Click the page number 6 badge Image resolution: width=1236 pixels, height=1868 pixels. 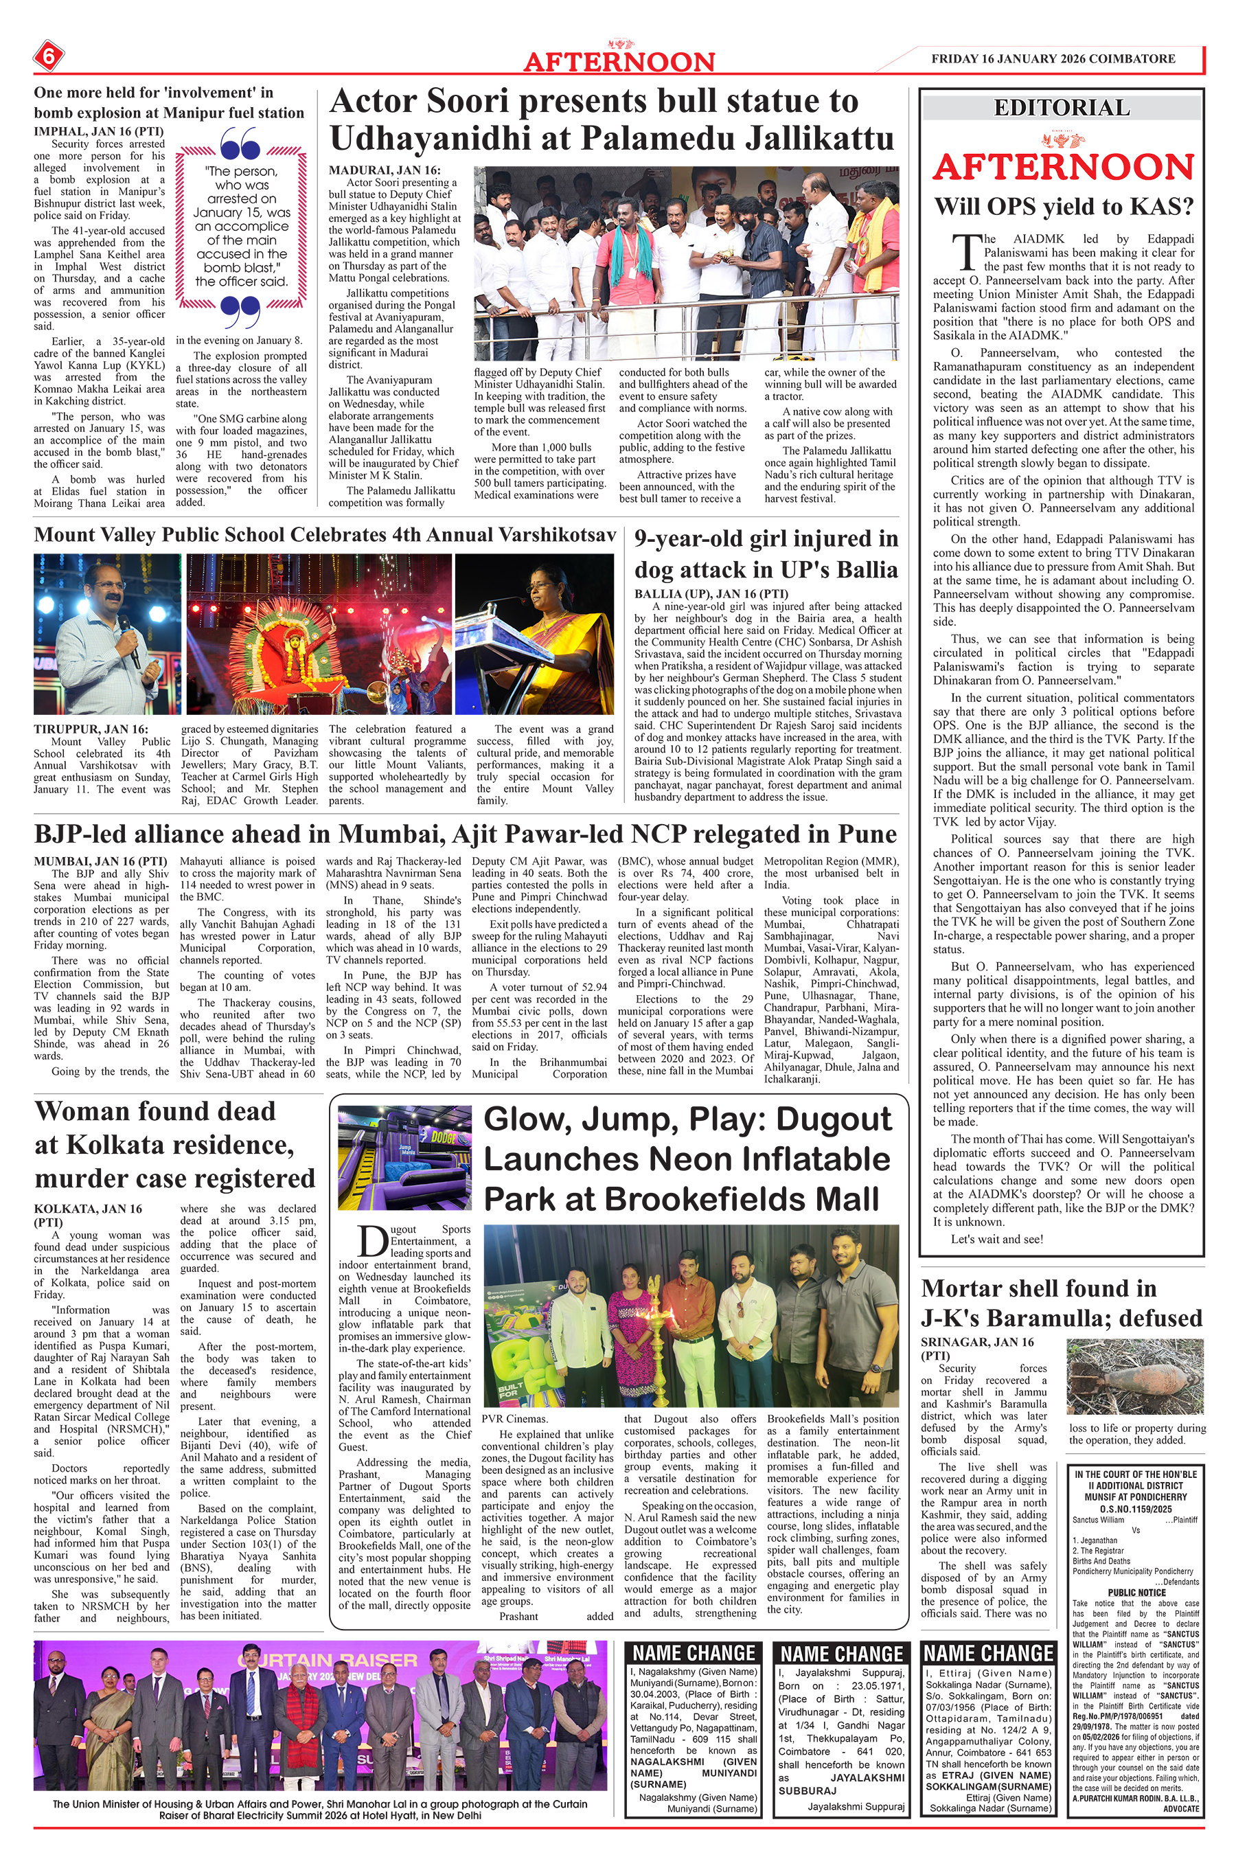(x=48, y=57)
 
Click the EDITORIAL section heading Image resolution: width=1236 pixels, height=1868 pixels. (x=1062, y=108)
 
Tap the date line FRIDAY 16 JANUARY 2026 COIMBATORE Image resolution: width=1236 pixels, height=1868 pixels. (x=1053, y=59)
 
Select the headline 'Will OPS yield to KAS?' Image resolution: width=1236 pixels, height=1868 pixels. (x=1064, y=207)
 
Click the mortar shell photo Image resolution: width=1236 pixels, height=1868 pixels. (x=1134, y=1377)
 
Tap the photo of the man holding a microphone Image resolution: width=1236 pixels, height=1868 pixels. (x=107, y=634)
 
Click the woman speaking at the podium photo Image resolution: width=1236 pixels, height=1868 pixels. (x=534, y=634)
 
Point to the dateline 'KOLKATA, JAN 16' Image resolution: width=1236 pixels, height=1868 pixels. (x=89, y=1208)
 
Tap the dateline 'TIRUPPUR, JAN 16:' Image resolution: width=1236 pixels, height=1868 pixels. (x=91, y=730)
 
